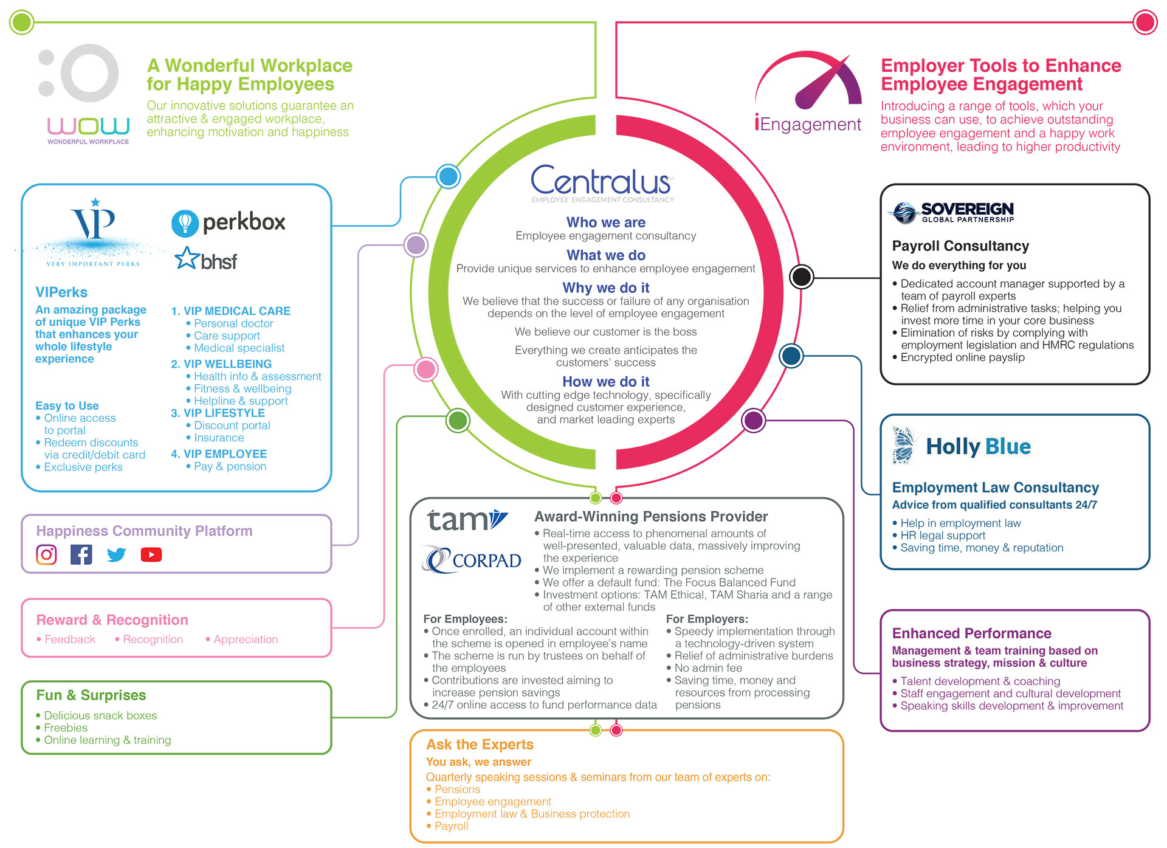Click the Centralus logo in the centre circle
click(601, 181)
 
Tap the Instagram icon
click(47, 554)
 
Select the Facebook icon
click(81, 554)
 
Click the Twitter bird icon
click(116, 554)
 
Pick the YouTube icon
click(151, 554)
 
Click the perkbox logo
click(229, 222)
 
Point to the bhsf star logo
click(205, 260)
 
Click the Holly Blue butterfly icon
click(903, 446)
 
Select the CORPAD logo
click(472, 560)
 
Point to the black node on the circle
click(802, 277)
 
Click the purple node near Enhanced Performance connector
click(754, 420)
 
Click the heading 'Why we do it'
click(605, 288)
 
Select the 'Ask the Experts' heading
click(480, 745)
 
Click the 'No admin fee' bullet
click(708, 668)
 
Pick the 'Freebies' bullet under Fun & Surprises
click(66, 728)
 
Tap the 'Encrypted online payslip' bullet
click(962, 357)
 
